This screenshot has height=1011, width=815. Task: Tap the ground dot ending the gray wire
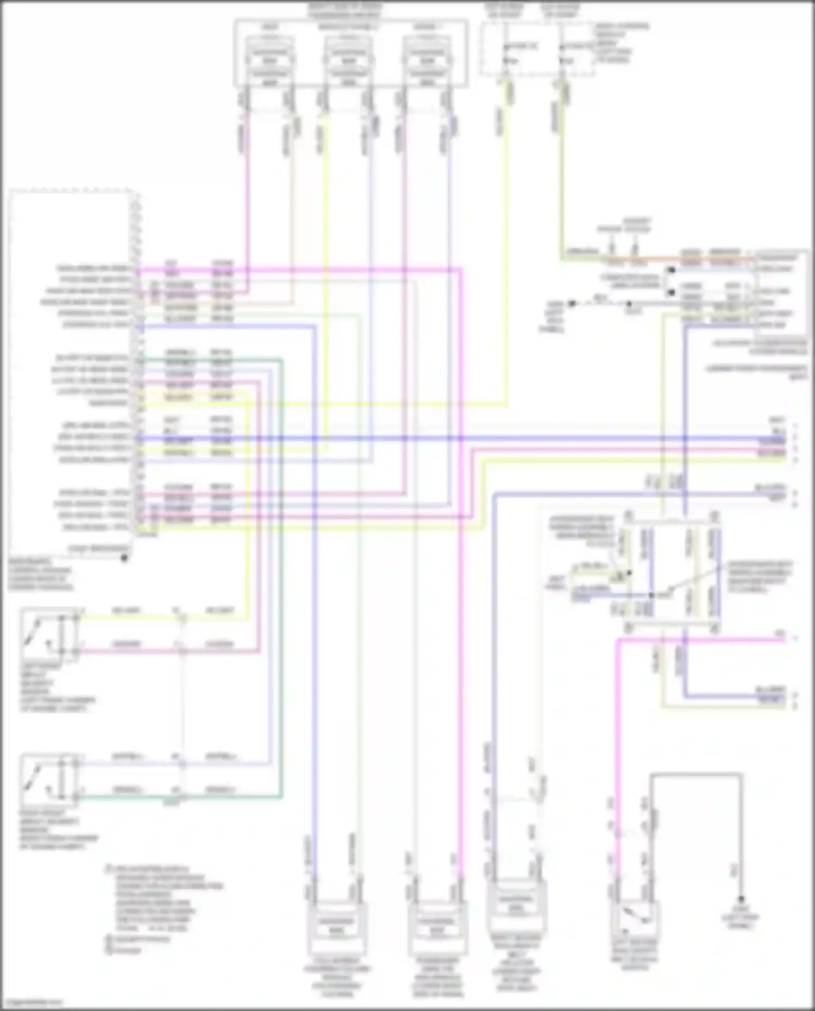pos(741,900)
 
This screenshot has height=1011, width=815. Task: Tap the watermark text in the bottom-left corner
pos(33,1002)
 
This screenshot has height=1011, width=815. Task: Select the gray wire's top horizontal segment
pos(695,773)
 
